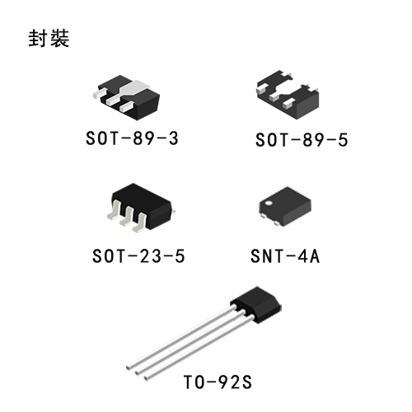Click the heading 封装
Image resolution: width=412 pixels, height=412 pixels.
coord(49,38)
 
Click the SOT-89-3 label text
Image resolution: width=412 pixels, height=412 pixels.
coord(132,138)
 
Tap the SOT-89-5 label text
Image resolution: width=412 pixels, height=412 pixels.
coord(302,140)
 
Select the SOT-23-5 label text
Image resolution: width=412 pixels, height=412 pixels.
coord(138,256)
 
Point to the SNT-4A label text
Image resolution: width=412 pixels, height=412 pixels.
coord(285,256)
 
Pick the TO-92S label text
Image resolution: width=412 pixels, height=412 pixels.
coord(218,382)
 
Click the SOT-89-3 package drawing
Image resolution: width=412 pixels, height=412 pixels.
coord(127,97)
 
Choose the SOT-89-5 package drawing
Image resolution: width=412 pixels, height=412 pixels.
coord(288,95)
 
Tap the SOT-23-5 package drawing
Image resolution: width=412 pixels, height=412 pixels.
coord(142,208)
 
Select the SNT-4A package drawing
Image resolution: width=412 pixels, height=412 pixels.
coord(285,207)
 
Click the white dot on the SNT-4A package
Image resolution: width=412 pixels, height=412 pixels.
coord(268,204)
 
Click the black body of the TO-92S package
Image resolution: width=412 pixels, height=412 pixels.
coord(256,304)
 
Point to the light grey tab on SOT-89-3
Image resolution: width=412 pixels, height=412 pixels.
coord(134,88)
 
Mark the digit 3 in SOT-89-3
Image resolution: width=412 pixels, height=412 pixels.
coord(174,138)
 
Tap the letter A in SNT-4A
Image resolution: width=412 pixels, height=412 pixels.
coord(315,256)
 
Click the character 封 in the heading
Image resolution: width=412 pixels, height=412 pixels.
coord(38,38)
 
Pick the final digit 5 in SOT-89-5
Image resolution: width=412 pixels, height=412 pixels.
coord(343,140)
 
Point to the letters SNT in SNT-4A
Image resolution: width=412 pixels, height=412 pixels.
coord(267,256)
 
